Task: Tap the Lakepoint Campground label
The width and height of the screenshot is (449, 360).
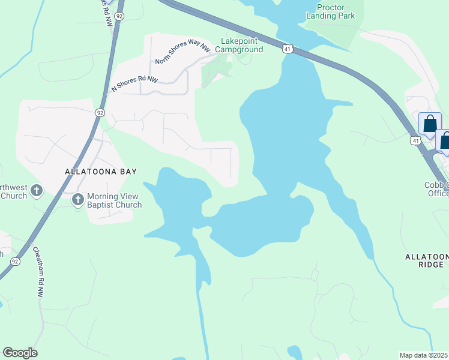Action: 242,45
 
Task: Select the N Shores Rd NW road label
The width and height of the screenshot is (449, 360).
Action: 134,83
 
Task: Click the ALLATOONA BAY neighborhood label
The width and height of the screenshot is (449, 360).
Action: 101,172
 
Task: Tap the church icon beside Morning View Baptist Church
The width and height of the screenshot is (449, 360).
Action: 77,199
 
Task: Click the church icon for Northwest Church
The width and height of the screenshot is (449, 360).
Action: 37,191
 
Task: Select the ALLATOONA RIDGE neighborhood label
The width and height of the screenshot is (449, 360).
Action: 427,260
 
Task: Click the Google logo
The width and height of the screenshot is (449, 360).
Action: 20,353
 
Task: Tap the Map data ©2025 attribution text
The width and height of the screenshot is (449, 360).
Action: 424,355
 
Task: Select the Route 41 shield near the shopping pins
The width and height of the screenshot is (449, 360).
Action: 415,140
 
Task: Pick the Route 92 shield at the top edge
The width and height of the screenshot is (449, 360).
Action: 119,16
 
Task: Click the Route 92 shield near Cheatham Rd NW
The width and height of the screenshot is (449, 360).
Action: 15,261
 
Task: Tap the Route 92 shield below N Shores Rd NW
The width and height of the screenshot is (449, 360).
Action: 100,112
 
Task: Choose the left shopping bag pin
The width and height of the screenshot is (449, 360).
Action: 430,124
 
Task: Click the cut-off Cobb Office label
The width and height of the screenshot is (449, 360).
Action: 436,189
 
